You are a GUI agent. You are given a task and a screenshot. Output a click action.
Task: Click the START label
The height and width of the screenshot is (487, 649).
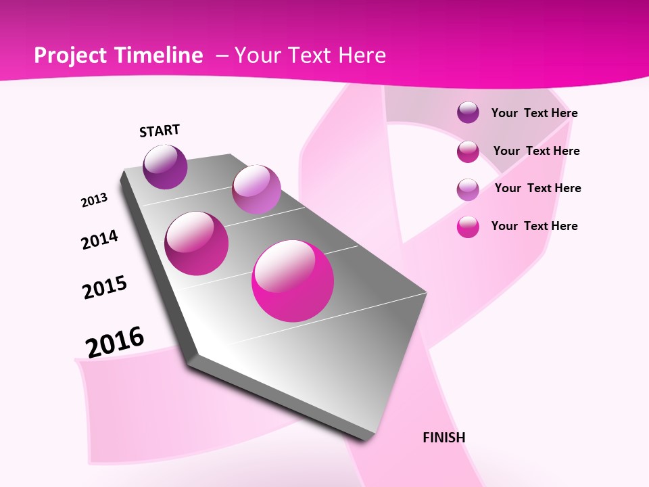(x=160, y=131)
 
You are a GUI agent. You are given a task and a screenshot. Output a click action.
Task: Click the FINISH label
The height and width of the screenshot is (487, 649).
(x=443, y=438)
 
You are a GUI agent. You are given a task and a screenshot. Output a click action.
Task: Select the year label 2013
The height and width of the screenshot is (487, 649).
(x=94, y=200)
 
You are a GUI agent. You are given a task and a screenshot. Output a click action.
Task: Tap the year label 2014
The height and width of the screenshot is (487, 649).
(x=99, y=239)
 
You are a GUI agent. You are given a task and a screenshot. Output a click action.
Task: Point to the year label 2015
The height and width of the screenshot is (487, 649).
(x=105, y=287)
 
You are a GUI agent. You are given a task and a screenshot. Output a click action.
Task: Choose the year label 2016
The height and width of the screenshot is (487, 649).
(x=115, y=342)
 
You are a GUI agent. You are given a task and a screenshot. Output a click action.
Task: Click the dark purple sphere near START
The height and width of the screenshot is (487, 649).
(x=165, y=166)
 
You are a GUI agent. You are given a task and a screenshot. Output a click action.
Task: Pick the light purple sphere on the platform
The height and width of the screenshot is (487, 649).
(x=256, y=189)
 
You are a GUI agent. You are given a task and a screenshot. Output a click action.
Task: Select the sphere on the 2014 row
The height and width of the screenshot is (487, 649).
(x=197, y=243)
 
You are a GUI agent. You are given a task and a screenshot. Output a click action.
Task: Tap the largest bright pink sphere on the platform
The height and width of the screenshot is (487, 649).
(x=293, y=281)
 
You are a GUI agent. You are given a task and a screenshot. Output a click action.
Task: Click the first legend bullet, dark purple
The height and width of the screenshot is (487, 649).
(x=468, y=113)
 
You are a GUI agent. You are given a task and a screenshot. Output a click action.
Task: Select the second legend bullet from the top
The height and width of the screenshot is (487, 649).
(x=468, y=152)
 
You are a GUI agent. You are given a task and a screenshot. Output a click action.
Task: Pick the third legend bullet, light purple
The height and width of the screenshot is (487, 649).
(x=468, y=189)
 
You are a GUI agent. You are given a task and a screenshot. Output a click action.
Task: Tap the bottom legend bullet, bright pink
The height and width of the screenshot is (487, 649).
(x=468, y=227)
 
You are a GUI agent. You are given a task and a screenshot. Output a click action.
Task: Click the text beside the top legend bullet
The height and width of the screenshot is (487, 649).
(x=534, y=113)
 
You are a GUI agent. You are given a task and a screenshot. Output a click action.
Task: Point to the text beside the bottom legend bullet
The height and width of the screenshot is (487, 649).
(x=534, y=226)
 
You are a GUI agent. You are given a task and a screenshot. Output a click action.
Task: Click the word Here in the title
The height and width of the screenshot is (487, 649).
(x=362, y=55)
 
